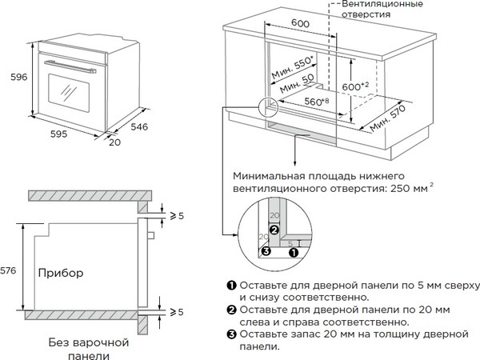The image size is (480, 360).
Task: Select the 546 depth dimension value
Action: (140, 127)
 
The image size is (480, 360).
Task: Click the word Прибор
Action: (60, 273)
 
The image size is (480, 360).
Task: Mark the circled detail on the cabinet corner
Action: (270, 106)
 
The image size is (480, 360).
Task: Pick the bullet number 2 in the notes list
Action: (231, 309)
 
